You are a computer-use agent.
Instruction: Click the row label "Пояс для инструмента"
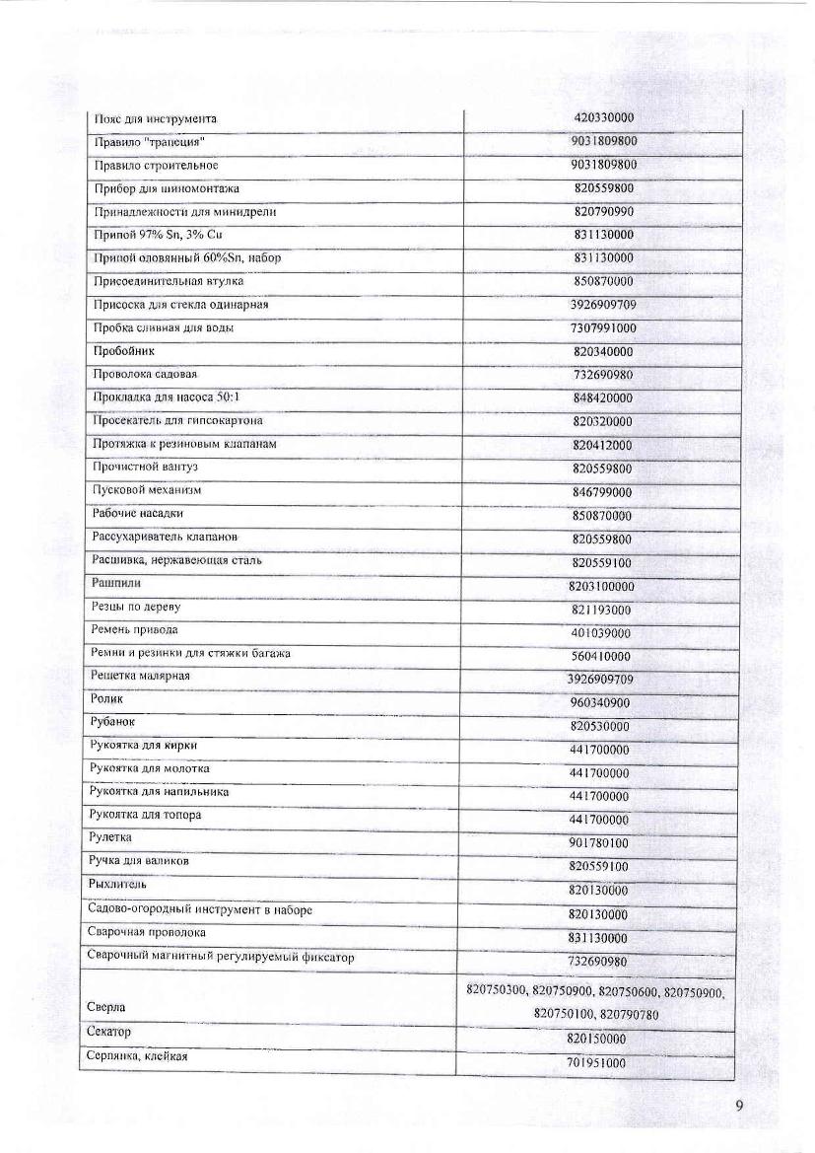(155, 119)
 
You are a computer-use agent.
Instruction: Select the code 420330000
(603, 118)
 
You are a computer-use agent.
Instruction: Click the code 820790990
(603, 212)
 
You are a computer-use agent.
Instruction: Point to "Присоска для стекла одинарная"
(180, 305)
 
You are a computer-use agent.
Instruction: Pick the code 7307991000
(603, 328)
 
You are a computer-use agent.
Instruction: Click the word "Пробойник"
(123, 350)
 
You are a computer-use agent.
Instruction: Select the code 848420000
(603, 398)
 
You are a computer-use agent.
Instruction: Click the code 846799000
(602, 492)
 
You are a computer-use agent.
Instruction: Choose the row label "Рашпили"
(115, 584)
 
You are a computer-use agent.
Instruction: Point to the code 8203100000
(601, 587)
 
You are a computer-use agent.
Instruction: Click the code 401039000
(601, 633)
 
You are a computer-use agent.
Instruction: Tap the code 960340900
(600, 703)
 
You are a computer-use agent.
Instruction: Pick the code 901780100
(599, 843)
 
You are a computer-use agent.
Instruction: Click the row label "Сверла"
(107, 1007)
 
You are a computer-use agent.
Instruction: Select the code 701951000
(597, 1063)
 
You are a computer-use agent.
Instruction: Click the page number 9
(739, 1105)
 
